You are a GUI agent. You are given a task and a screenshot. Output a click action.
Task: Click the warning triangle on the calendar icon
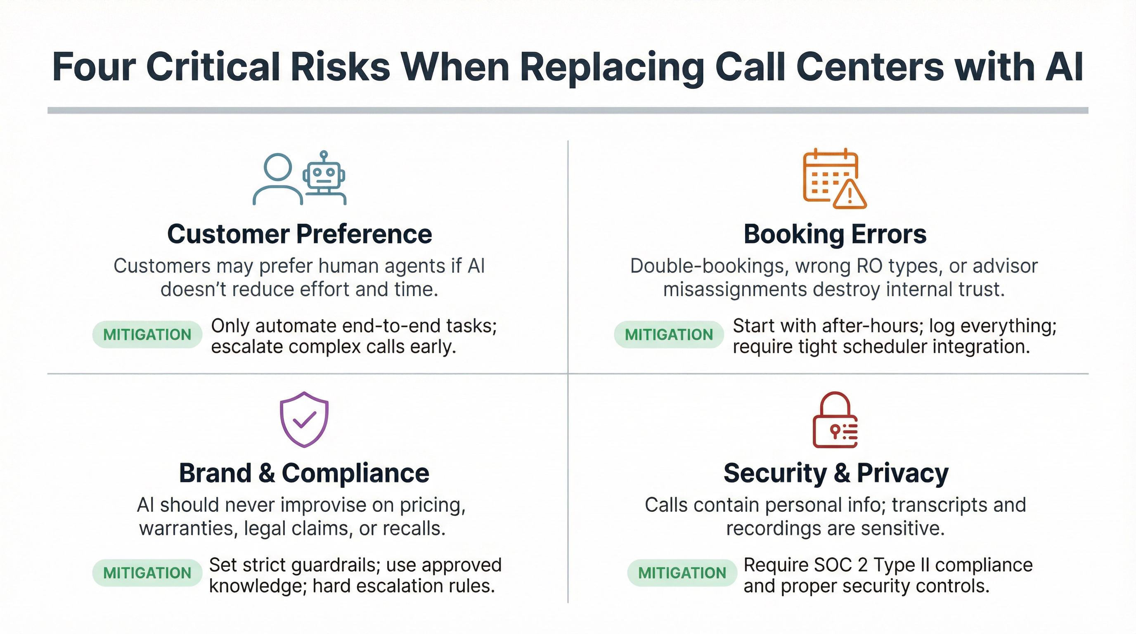(850, 194)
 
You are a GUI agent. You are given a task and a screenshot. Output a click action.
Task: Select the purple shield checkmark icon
(304, 419)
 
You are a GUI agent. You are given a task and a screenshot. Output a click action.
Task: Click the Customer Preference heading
(299, 234)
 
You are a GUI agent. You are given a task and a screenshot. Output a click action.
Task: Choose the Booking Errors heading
(835, 234)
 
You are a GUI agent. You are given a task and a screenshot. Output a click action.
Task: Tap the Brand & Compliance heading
(304, 473)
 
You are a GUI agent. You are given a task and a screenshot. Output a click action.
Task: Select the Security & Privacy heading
(835, 473)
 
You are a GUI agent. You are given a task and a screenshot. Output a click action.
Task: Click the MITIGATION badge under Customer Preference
(147, 335)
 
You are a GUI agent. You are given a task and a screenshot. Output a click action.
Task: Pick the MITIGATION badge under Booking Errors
(669, 335)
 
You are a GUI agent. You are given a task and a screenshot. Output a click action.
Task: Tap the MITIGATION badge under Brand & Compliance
(147, 573)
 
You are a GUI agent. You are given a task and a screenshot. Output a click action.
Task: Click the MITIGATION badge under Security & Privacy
(682, 573)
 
